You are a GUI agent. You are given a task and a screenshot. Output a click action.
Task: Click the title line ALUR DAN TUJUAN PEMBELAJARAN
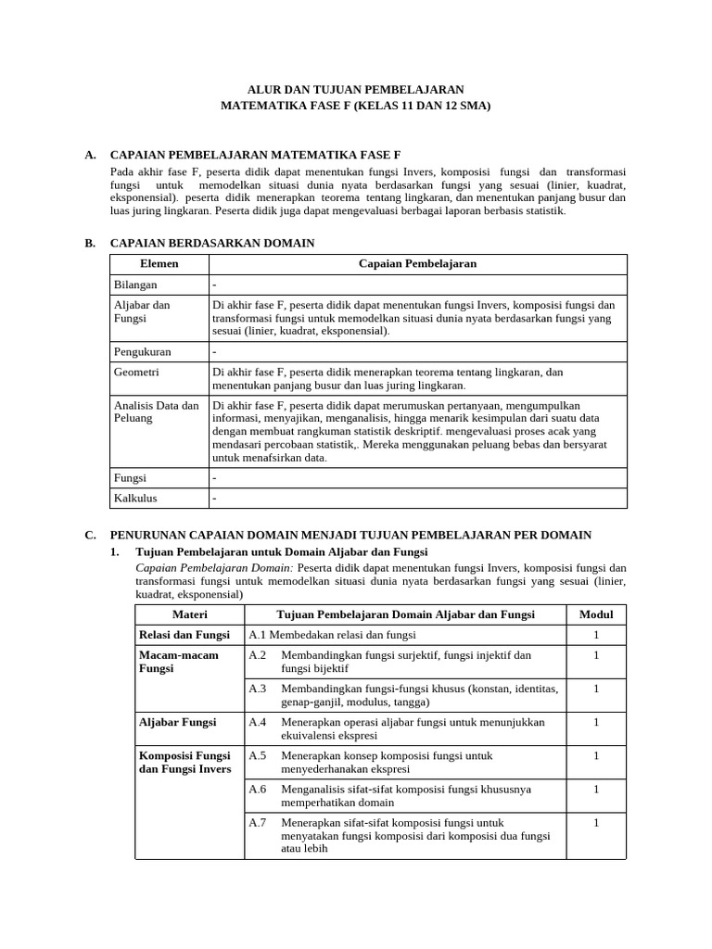point(356,89)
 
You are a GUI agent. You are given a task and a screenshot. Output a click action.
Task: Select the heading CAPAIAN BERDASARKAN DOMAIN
point(212,243)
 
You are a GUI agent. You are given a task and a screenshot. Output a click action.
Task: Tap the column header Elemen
point(159,264)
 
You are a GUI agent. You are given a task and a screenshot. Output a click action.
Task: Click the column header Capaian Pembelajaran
point(417,264)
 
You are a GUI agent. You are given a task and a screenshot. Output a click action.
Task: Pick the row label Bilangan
point(135,285)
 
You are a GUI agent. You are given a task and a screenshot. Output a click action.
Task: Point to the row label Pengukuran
point(141,352)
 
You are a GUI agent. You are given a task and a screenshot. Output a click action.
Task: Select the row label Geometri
point(136,372)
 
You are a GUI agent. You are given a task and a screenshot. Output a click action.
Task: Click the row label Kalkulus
point(135,499)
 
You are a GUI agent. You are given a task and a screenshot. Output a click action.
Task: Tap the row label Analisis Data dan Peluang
point(156,411)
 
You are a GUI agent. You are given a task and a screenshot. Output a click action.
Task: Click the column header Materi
point(190,614)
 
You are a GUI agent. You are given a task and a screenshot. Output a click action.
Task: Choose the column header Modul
point(596,614)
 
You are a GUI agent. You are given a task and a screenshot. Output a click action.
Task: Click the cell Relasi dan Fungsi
point(184,635)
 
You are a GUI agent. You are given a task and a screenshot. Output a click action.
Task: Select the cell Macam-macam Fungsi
point(178,662)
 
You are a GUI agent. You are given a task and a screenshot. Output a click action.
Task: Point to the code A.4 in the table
point(258,722)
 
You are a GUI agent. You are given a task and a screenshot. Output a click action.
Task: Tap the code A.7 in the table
point(258,822)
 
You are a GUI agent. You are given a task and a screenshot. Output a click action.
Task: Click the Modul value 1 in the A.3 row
point(596,689)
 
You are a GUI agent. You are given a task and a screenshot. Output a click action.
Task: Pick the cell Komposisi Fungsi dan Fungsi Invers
point(185,762)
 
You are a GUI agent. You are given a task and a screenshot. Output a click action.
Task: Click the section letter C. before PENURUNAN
point(90,535)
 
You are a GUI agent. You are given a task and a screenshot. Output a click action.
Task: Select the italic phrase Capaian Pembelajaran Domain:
point(214,567)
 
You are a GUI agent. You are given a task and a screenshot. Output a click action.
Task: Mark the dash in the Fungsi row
point(214,478)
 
